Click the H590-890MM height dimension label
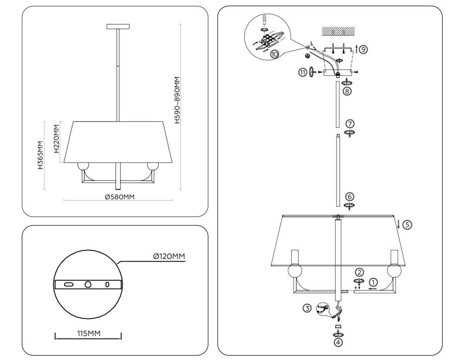point(177,100)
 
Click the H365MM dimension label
point(40,155)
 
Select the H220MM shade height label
point(56,139)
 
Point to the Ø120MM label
point(169,256)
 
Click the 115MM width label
point(88,333)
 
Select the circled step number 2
point(359,272)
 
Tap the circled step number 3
point(307,308)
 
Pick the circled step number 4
point(338,342)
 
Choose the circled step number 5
point(407,224)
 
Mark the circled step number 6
point(349,197)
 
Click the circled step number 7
point(350,124)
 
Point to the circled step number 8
point(347,91)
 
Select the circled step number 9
point(364,49)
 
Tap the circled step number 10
point(274,54)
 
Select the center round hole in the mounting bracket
point(88,284)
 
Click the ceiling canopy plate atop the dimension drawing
point(118,27)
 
